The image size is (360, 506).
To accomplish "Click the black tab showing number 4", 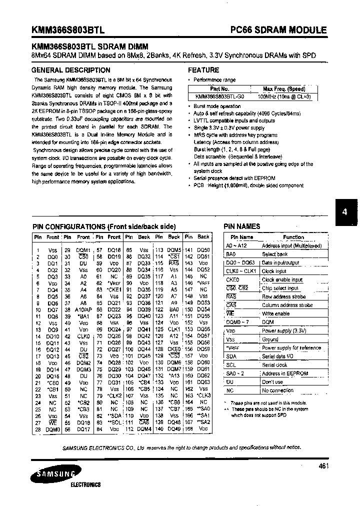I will (x=344, y=211).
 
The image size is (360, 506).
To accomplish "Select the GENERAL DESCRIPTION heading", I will (x=70, y=70).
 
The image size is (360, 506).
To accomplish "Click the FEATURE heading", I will (x=203, y=70).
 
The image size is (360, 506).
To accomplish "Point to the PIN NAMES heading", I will (x=242, y=226).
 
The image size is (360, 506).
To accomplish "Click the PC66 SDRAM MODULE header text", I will (x=285, y=30).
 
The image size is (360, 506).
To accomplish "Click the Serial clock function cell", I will (x=275, y=365).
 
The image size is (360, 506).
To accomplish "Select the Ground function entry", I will (x=270, y=339).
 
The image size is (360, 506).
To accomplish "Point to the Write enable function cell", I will (x=275, y=313).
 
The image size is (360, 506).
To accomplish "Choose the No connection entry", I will (x=277, y=390).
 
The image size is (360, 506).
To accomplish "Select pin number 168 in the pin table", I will (x=188, y=428).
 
